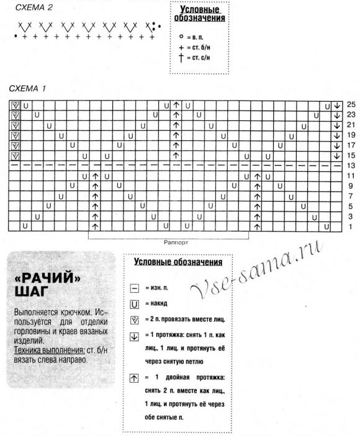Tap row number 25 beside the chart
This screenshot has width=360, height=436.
click(351, 105)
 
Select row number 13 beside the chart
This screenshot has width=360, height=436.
click(351, 166)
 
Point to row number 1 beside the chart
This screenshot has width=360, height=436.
click(351, 226)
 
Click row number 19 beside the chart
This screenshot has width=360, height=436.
click(351, 135)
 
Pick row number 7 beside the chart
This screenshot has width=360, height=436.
click(351, 196)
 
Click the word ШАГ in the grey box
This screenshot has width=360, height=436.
click(31, 291)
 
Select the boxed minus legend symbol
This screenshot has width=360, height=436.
click(134, 288)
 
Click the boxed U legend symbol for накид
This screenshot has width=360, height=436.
click(134, 304)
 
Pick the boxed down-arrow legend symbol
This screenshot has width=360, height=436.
click(134, 336)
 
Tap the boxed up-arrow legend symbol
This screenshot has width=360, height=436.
click(134, 377)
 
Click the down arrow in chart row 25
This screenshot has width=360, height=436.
click(336, 105)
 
